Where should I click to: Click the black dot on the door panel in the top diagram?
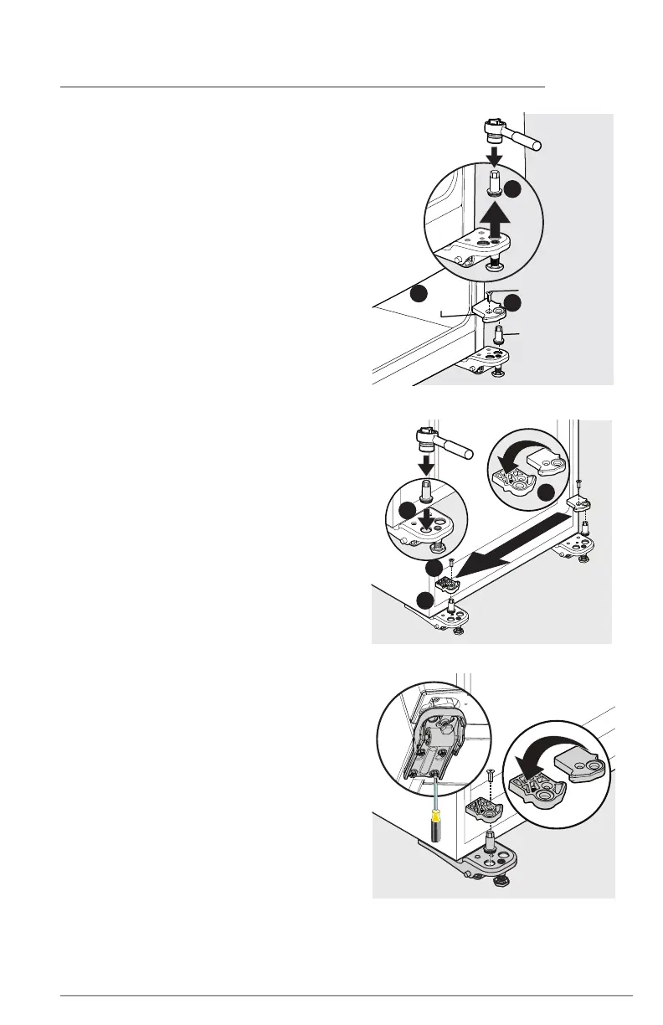[x=419, y=293]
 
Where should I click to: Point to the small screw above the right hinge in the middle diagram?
[x=579, y=485]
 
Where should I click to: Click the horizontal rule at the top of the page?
[x=302, y=86]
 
